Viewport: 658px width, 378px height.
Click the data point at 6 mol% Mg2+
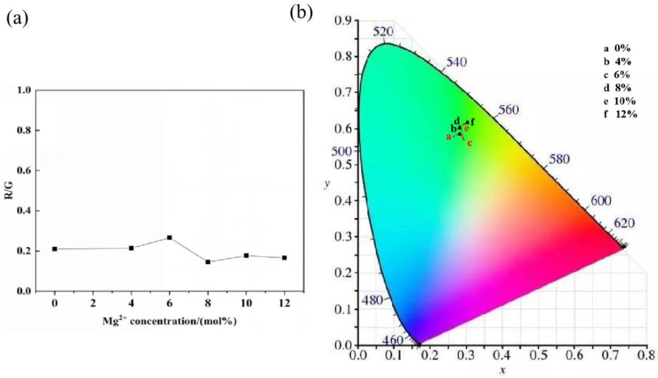click(170, 238)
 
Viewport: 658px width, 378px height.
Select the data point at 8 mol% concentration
click(208, 262)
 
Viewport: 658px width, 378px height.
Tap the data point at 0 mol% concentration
click(55, 249)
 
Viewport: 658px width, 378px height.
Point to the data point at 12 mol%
click(284, 257)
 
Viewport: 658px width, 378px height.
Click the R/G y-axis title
click(9, 191)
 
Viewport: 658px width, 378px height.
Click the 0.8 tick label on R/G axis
click(24, 130)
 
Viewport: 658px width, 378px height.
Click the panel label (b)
click(301, 14)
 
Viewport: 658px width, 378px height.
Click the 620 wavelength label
click(624, 223)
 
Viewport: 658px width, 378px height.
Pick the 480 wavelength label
click(372, 300)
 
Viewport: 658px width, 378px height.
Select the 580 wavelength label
click(559, 159)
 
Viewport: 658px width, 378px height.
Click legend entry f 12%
click(620, 115)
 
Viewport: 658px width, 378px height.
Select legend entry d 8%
click(617, 88)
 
